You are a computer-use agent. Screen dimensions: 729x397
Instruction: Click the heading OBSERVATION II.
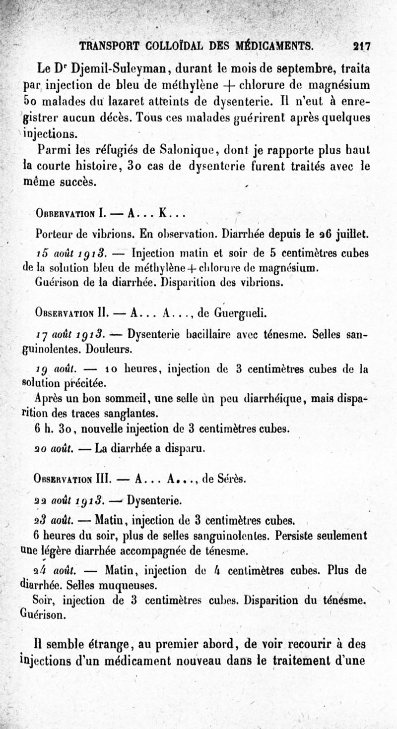click(x=72, y=313)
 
